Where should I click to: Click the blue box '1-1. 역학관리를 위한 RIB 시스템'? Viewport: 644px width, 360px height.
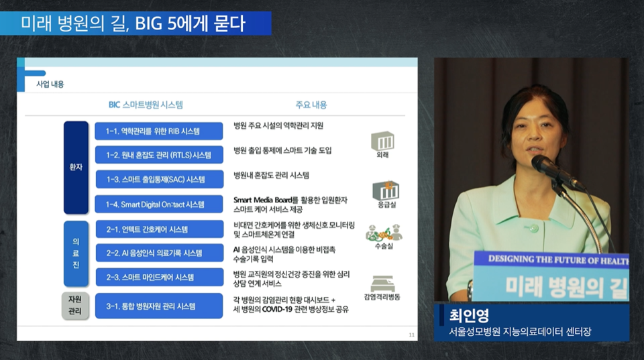[x=158, y=131]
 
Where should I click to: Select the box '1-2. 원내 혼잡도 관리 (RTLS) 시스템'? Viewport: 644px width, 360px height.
[x=158, y=155]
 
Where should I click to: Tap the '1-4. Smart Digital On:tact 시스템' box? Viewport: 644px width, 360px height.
[x=158, y=204]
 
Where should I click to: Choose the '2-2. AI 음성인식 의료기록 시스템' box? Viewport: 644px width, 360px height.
[x=158, y=253]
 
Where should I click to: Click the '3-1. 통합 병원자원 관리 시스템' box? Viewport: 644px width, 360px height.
[x=158, y=306]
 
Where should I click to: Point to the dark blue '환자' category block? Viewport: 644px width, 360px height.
[x=76, y=167]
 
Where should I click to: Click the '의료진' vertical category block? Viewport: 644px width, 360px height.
[x=76, y=253]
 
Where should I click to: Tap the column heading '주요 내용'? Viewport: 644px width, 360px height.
[x=311, y=105]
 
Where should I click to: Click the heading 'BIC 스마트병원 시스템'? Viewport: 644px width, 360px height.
[x=146, y=105]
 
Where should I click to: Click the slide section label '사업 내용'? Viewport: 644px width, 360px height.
[x=50, y=84]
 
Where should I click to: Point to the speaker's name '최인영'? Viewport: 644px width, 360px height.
[x=469, y=315]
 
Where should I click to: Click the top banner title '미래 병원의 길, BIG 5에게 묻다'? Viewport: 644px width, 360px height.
[x=133, y=23]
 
